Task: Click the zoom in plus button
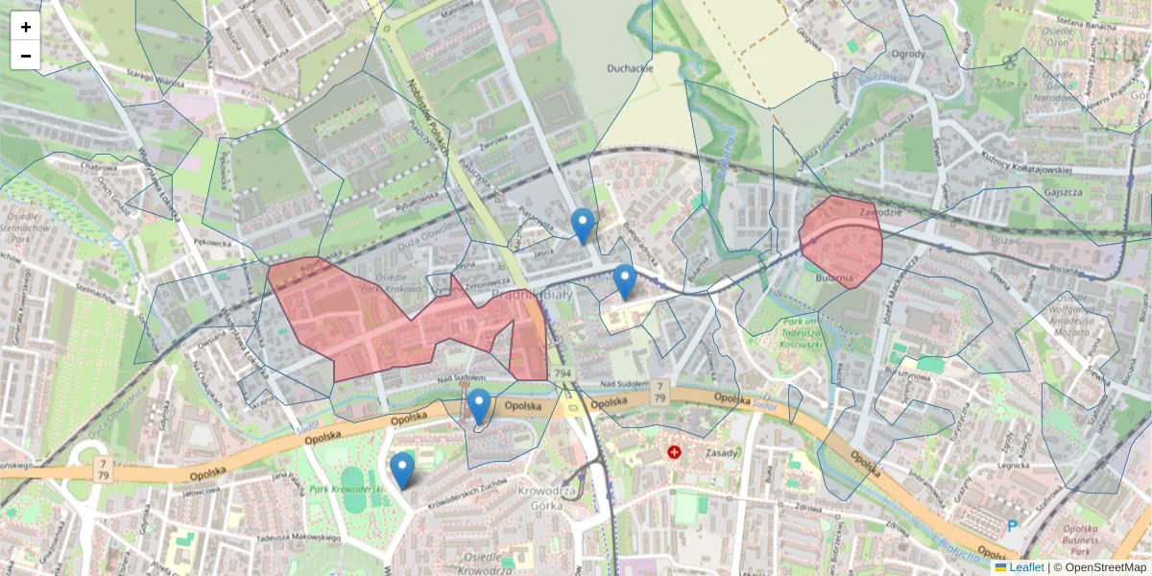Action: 26,27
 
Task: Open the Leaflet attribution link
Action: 1026,567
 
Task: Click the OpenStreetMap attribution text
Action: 1105,567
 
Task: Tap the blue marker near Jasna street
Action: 582,226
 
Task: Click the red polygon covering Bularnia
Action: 841,240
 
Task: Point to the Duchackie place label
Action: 630,68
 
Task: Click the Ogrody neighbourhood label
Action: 908,54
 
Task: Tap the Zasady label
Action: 721,452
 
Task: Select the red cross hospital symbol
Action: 674,451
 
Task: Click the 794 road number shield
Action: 563,372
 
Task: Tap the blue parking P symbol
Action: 1012,526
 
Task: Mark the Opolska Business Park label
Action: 1094,541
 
